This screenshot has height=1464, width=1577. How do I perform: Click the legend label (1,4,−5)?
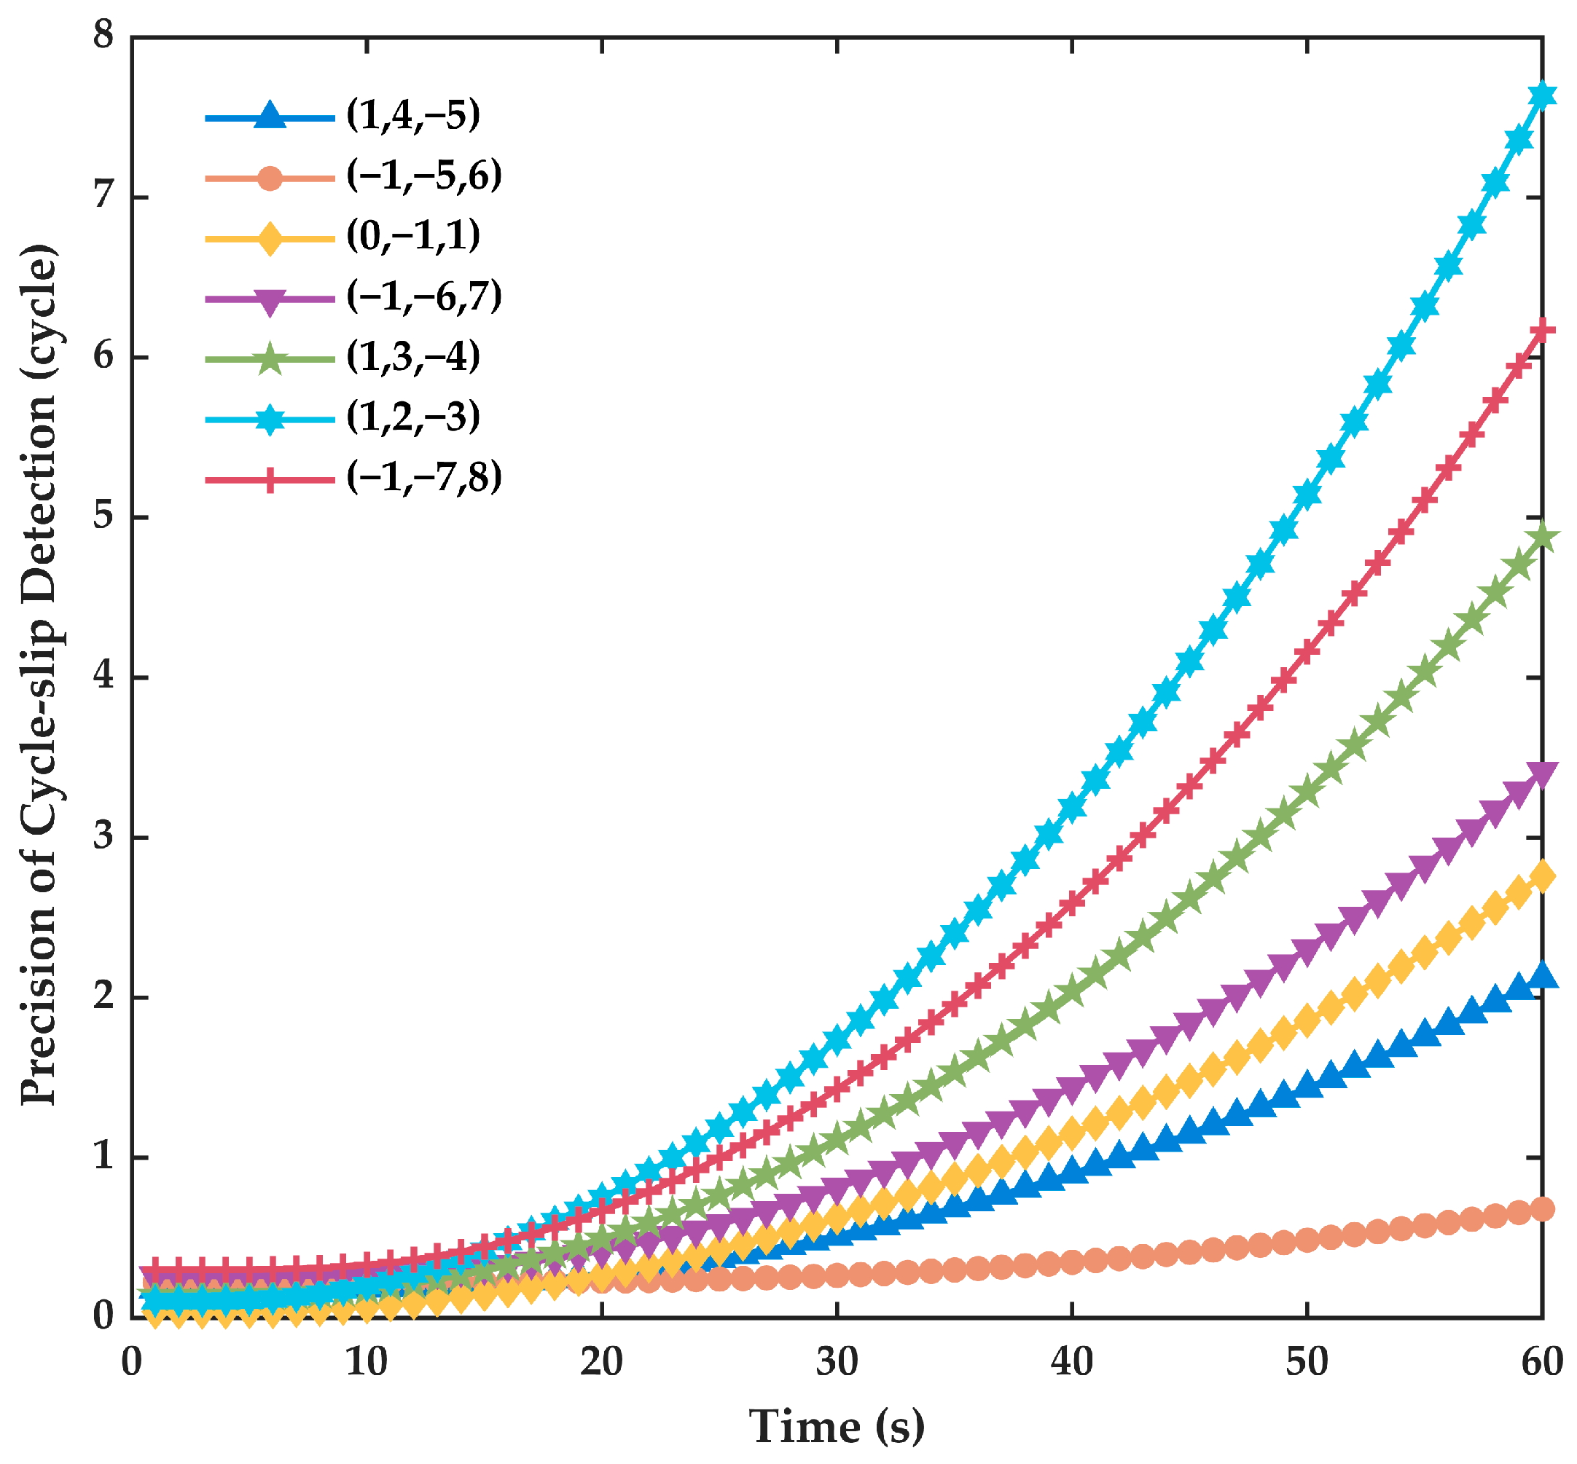413,116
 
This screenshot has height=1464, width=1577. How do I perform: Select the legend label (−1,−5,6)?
424,176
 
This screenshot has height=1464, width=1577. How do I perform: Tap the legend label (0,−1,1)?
413,236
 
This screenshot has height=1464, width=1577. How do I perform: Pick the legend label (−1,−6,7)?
424,297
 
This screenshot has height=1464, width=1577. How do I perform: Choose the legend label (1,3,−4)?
413,358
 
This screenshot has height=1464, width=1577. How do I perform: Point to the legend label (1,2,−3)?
413,417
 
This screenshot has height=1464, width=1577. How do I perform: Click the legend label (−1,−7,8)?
424,479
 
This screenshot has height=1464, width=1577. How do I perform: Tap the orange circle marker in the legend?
270,178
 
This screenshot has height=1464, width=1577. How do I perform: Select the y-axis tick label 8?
103,36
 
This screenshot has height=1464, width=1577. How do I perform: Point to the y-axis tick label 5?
103,516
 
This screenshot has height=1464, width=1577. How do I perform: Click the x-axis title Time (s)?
837,1427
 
